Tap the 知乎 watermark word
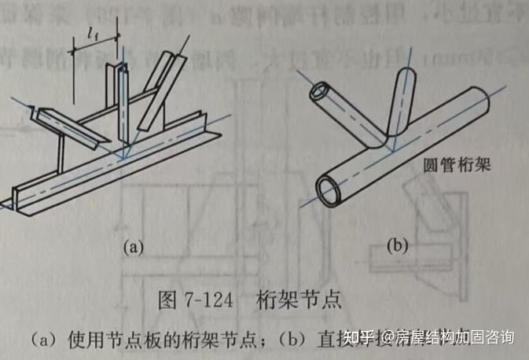point(367,337)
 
